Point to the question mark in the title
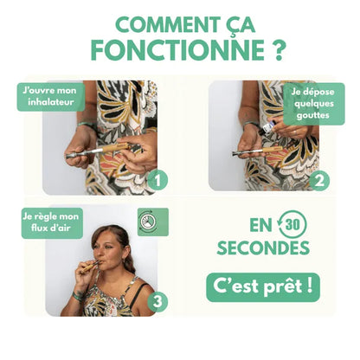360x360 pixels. point(277,50)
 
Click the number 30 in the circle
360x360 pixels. point(291,225)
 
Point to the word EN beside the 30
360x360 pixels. point(258,225)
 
